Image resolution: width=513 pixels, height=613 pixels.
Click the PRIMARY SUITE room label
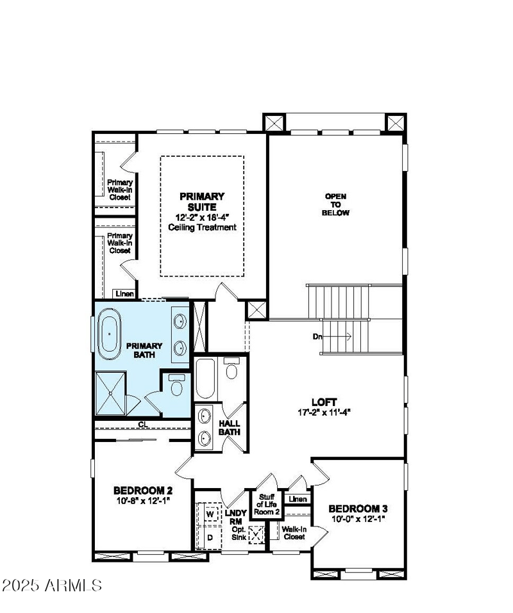201,202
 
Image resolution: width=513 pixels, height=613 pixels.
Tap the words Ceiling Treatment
202,227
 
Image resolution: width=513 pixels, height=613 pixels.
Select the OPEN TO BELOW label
337,204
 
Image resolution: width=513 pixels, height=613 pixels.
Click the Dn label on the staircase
317,336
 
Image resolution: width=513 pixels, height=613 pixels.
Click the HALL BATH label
230,428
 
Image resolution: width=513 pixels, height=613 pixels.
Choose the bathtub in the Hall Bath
205,379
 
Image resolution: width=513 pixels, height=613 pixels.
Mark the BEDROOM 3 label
358,509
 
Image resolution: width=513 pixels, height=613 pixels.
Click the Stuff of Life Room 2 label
267,504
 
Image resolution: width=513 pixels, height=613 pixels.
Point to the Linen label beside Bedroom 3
298,499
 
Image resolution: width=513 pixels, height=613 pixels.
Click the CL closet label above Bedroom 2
142,424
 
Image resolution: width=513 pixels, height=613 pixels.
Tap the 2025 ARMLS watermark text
52,585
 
